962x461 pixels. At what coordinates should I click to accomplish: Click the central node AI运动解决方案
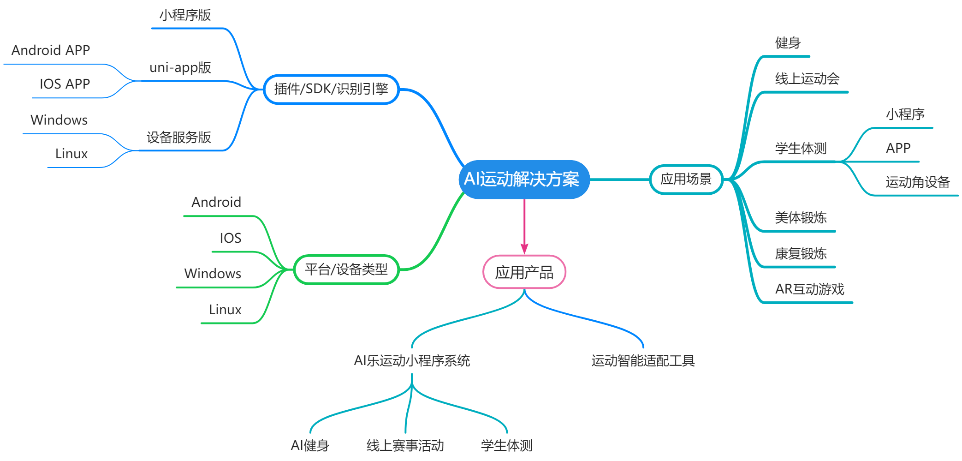click(524, 180)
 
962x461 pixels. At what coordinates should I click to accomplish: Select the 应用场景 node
click(686, 180)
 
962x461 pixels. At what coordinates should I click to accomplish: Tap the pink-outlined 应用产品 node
click(524, 272)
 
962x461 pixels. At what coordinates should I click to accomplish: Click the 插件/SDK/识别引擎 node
click(331, 89)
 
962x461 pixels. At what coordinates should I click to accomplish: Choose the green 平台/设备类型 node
click(346, 269)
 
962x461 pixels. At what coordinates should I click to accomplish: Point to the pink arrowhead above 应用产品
click(524, 248)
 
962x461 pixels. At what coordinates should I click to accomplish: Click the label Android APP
click(51, 50)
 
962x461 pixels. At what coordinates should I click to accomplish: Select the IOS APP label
click(65, 84)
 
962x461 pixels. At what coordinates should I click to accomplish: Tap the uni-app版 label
click(180, 68)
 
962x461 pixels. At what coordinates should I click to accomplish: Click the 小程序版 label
click(185, 15)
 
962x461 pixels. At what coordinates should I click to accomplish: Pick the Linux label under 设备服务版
click(71, 154)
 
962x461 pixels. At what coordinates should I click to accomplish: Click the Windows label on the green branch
click(213, 274)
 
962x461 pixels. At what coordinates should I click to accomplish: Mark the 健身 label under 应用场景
click(788, 43)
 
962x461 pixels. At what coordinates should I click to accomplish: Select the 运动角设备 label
click(918, 182)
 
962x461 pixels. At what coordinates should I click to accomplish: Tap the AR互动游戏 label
click(810, 289)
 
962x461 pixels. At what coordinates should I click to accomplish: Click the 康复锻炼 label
click(801, 253)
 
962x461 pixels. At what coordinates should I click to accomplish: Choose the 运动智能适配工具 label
click(643, 361)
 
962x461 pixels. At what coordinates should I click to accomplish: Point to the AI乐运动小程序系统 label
click(412, 361)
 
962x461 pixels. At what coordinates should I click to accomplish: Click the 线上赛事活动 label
click(405, 446)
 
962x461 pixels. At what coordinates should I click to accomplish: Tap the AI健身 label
click(310, 446)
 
